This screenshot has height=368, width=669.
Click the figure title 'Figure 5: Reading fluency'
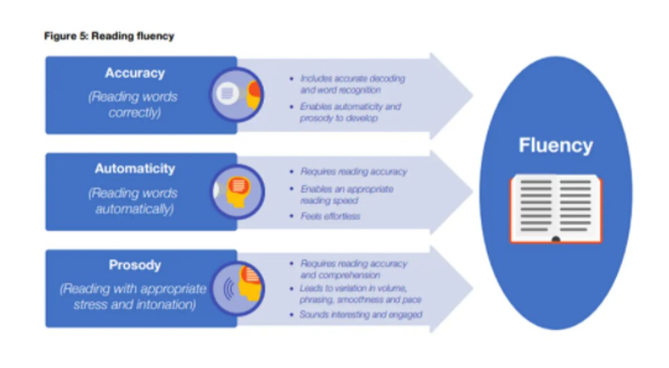click(x=109, y=36)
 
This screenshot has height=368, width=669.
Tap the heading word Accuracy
click(x=135, y=73)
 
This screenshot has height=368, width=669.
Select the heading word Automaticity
click(x=135, y=169)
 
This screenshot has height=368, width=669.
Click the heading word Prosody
click(x=135, y=265)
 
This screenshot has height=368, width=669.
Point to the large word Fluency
click(x=555, y=146)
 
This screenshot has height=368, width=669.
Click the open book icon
click(x=556, y=209)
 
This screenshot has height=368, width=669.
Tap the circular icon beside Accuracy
click(x=236, y=95)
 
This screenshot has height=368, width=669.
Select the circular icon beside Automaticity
click(x=237, y=191)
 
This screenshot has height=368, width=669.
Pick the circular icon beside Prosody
click(x=237, y=288)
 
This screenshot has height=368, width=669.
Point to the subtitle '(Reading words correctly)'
click(x=133, y=105)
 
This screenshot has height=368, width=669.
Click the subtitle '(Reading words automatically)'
click(x=133, y=201)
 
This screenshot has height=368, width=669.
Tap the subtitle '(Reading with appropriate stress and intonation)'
click(x=133, y=297)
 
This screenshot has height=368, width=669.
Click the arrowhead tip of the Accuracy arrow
click(x=473, y=95)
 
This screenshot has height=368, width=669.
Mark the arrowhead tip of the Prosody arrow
click(x=473, y=289)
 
